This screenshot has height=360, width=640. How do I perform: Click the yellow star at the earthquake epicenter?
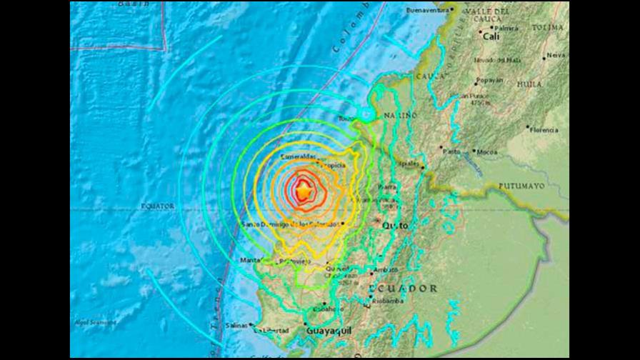[304, 191]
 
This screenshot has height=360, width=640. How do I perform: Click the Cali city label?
[491, 35]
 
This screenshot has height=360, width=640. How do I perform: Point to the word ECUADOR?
[404, 288]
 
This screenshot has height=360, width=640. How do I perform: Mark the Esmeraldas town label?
[299, 156]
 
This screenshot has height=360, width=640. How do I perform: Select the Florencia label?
[544, 130]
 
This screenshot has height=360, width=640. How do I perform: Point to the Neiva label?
[555, 55]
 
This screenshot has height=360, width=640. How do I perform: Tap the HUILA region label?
[529, 84]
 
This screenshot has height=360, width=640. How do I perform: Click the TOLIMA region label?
[548, 27]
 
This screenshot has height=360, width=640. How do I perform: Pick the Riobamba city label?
[389, 301]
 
